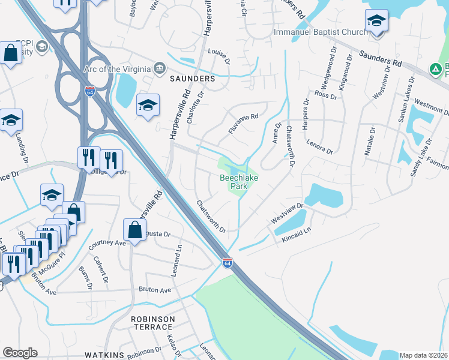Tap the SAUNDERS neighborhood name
click(x=192, y=79)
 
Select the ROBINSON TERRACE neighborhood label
click(x=153, y=323)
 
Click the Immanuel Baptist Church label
click(x=320, y=32)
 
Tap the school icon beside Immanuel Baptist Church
click(x=377, y=23)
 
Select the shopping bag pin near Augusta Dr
click(x=135, y=230)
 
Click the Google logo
click(x=20, y=353)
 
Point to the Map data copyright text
click(x=423, y=355)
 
